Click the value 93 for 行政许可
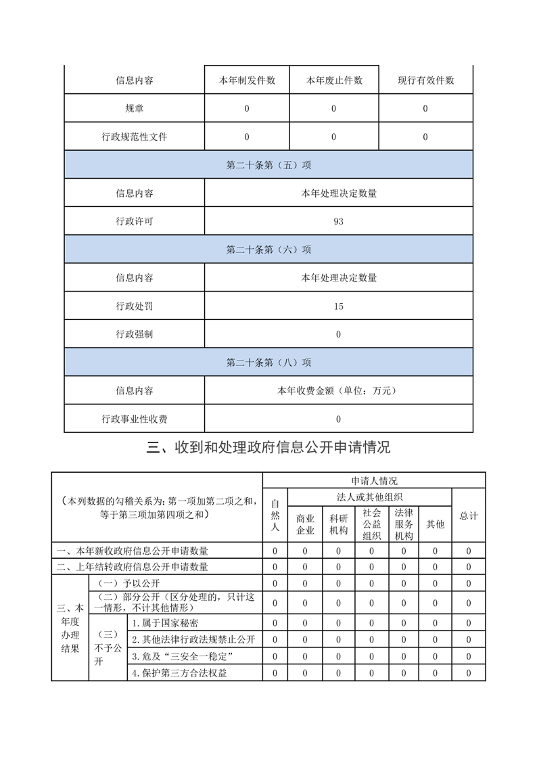click(338, 221)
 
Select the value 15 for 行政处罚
click(338, 306)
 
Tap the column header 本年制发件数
click(247, 80)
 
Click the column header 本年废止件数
click(334, 80)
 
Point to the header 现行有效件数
click(425, 80)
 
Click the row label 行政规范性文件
click(134, 137)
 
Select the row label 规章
click(134, 108)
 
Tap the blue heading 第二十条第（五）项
click(268, 164)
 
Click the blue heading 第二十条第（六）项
click(268, 250)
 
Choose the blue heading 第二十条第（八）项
click(268, 362)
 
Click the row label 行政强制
click(134, 334)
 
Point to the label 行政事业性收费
click(134, 419)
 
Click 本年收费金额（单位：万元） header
click(338, 390)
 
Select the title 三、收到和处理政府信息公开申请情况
click(268, 447)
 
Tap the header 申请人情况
click(374, 480)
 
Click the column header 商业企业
click(305, 524)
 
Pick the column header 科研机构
click(338, 524)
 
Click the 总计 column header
click(469, 515)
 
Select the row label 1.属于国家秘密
click(166, 622)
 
